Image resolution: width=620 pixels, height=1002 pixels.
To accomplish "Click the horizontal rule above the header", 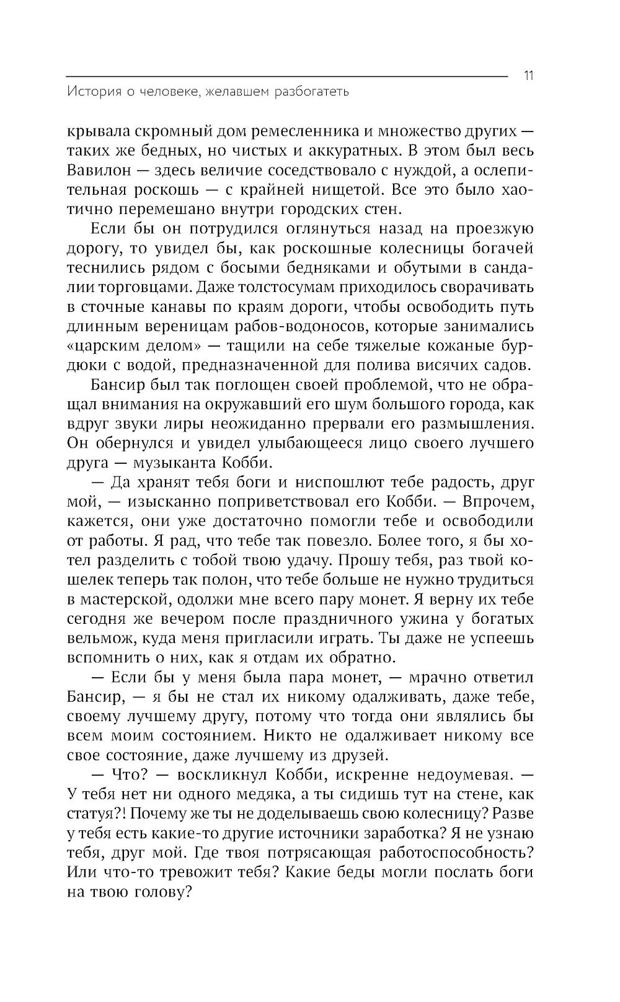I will pyautogui.click(x=285, y=76).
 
